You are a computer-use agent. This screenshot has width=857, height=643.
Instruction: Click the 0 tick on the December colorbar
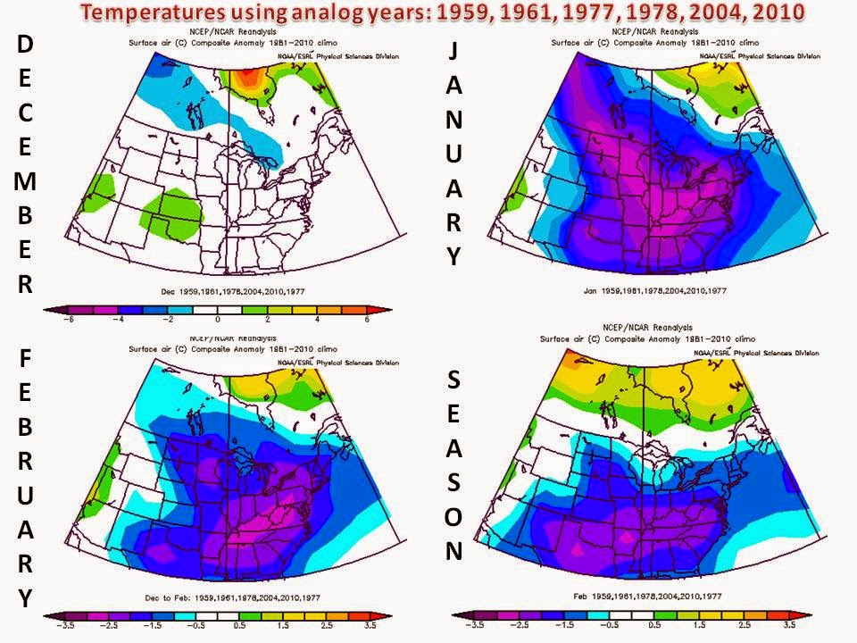[217, 319]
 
